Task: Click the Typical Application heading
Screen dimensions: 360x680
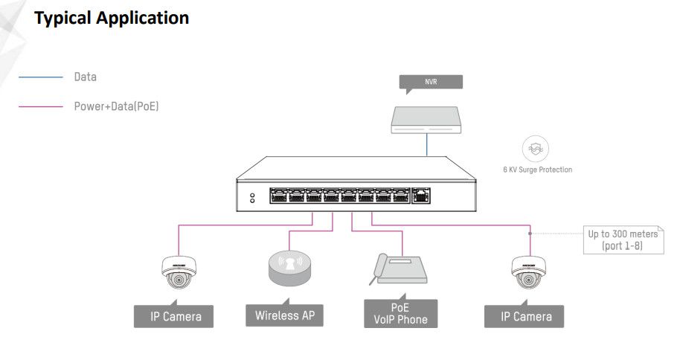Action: coord(112,18)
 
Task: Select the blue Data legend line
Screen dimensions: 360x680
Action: coord(41,77)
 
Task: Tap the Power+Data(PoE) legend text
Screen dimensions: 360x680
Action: coord(116,106)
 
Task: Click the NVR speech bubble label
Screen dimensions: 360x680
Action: coord(431,82)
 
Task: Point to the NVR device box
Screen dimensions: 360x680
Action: coord(426,119)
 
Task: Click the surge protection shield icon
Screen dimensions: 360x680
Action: coord(536,149)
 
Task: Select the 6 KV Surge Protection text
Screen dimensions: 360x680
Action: coord(537,170)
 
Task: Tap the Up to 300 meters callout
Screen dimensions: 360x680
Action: coord(623,240)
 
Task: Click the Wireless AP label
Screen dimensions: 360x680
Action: coord(285,315)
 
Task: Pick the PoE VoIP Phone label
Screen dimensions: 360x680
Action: coord(400,313)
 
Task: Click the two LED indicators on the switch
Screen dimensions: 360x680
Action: coord(252,198)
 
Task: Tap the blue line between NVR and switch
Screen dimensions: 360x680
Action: coord(427,145)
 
